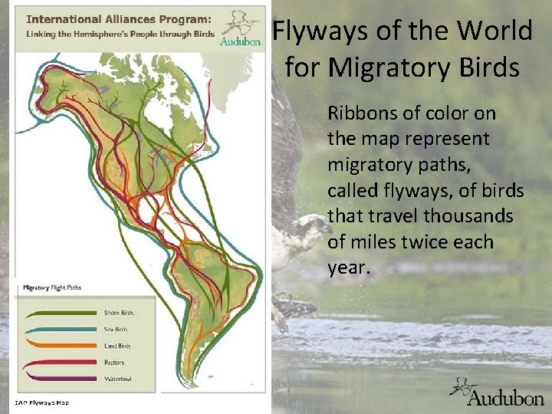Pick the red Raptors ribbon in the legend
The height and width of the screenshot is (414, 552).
(61, 362)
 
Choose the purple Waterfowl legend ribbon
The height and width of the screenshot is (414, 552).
(61, 377)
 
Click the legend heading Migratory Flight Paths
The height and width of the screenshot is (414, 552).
(52, 287)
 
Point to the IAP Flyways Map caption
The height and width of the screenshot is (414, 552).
(42, 402)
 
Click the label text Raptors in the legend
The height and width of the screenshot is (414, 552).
(114, 363)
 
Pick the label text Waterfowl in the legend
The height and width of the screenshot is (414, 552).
(117, 378)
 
